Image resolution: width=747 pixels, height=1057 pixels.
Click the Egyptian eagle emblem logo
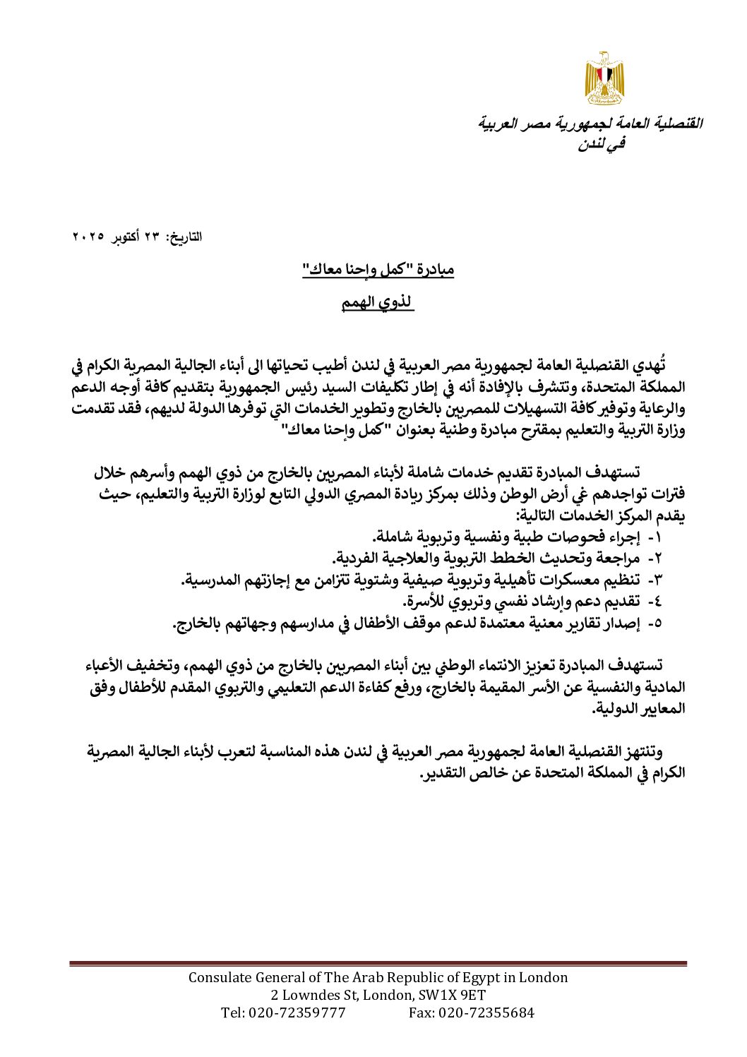point(604,78)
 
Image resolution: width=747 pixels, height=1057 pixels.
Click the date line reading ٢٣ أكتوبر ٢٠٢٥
point(138,237)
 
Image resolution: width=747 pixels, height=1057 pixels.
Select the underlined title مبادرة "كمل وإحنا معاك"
point(378,269)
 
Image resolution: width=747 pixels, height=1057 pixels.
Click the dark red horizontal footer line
point(378,963)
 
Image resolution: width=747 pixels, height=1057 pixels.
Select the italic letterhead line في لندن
point(602,144)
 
